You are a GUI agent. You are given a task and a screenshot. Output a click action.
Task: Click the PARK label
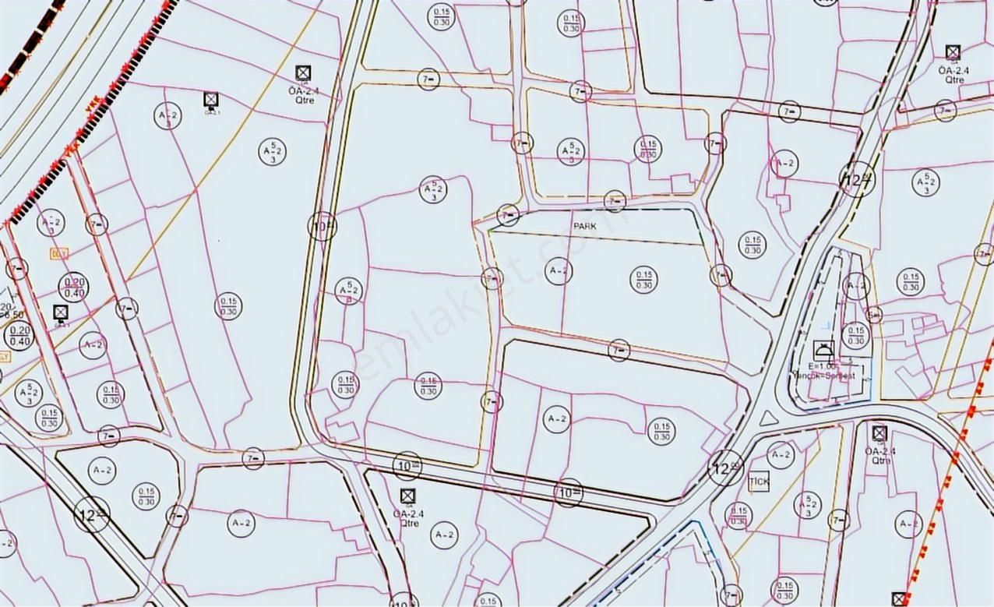point(584,226)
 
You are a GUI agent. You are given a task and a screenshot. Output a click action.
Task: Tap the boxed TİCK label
point(759,482)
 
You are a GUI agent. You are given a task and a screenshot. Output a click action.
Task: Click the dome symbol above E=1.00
point(823,350)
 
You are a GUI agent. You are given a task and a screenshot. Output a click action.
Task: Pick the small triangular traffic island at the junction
point(768,418)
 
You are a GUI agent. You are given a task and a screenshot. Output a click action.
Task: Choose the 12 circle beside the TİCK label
point(725,469)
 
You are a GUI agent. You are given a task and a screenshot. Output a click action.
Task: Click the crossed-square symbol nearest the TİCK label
point(879,432)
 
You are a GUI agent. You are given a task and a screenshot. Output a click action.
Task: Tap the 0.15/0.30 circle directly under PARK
point(643,279)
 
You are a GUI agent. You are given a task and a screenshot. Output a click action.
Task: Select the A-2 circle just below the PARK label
point(559,272)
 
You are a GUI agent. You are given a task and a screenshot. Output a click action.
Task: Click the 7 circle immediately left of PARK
point(508,215)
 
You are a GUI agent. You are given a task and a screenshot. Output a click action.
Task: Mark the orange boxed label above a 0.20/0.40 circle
point(58,254)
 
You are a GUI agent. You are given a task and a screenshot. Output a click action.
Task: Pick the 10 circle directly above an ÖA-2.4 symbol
point(407,465)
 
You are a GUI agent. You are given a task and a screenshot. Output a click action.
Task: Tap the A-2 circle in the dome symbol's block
point(855,286)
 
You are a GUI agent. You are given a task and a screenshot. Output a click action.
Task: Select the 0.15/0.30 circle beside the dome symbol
point(855,336)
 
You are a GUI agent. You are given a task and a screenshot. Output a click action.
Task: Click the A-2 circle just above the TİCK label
point(781,454)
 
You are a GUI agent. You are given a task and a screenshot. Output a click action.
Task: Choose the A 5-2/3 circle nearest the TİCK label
point(808,505)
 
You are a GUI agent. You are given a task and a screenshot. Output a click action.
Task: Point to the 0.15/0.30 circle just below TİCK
point(738,515)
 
